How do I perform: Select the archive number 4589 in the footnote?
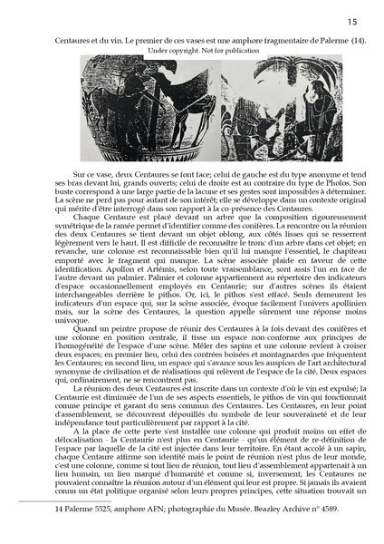pos(343,536)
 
